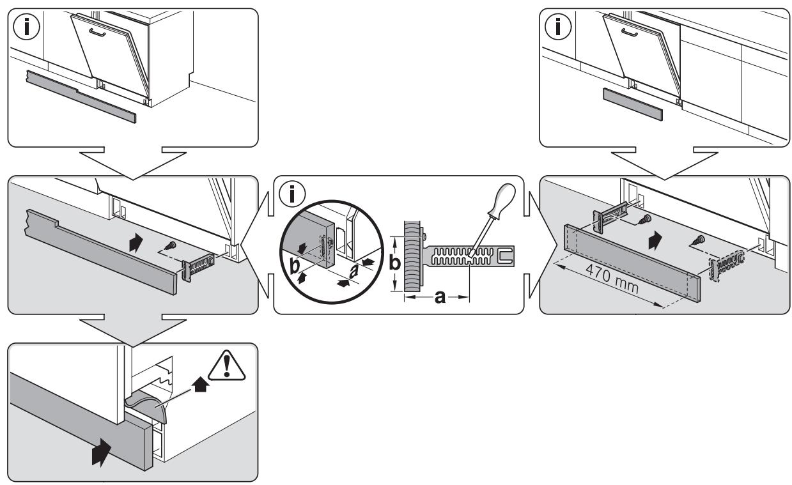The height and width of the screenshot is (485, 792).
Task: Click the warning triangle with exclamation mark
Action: [x=226, y=366]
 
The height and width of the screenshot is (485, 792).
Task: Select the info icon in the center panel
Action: [x=292, y=194]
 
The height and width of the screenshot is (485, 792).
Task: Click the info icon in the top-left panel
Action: [x=26, y=26]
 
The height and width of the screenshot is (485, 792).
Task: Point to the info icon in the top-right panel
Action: [x=558, y=26]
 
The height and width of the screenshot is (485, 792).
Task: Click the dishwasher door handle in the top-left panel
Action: [x=97, y=33]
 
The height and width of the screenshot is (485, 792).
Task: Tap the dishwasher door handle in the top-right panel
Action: [x=630, y=33]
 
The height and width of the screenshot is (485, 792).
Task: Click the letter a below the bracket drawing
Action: [x=440, y=297]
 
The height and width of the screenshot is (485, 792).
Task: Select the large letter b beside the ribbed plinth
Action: [x=394, y=263]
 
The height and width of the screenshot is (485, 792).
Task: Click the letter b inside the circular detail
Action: [x=295, y=266]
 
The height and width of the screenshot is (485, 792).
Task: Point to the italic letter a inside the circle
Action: [x=353, y=272]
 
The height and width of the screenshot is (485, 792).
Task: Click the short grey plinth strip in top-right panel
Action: [x=632, y=105]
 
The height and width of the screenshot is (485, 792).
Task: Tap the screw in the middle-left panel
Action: [x=171, y=245]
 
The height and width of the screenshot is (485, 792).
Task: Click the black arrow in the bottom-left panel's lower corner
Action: [x=101, y=452]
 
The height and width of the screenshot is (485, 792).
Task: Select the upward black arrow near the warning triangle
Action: [x=200, y=384]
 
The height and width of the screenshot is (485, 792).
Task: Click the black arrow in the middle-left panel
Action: [x=136, y=243]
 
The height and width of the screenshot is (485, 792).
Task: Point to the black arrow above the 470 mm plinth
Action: [x=655, y=240]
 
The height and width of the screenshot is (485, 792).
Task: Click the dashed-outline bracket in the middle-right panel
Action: [x=727, y=265]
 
